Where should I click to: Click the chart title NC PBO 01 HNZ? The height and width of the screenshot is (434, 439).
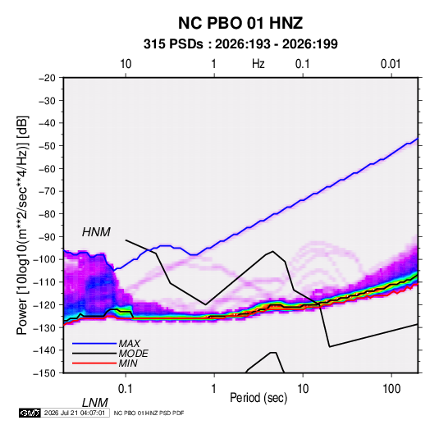coord(240,23)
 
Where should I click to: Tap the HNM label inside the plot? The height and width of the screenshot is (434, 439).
coord(96,232)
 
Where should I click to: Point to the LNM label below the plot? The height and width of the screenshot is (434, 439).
coord(94,403)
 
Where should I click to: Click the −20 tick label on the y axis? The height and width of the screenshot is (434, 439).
coord(47,78)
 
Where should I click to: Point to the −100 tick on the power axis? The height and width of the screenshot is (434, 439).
coord(44,259)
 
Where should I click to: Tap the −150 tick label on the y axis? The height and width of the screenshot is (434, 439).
coord(44,373)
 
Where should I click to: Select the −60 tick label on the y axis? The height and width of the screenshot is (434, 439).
coord(47,168)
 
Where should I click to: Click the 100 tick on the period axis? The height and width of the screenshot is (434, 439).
coord(391,389)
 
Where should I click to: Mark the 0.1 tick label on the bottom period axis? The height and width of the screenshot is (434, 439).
coord(126,389)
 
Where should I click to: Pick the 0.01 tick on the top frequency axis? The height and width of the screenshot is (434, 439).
coord(391,64)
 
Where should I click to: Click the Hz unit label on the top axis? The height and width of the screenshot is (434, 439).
coord(258,64)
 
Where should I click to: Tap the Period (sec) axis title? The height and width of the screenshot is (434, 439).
coord(258,398)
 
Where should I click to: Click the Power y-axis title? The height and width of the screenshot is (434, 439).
coord(22,225)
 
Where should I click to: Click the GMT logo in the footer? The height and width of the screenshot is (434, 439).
coord(30,413)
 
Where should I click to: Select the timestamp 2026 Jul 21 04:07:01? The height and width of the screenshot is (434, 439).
coord(75,413)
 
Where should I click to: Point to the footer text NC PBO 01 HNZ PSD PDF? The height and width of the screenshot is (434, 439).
coord(149,413)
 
